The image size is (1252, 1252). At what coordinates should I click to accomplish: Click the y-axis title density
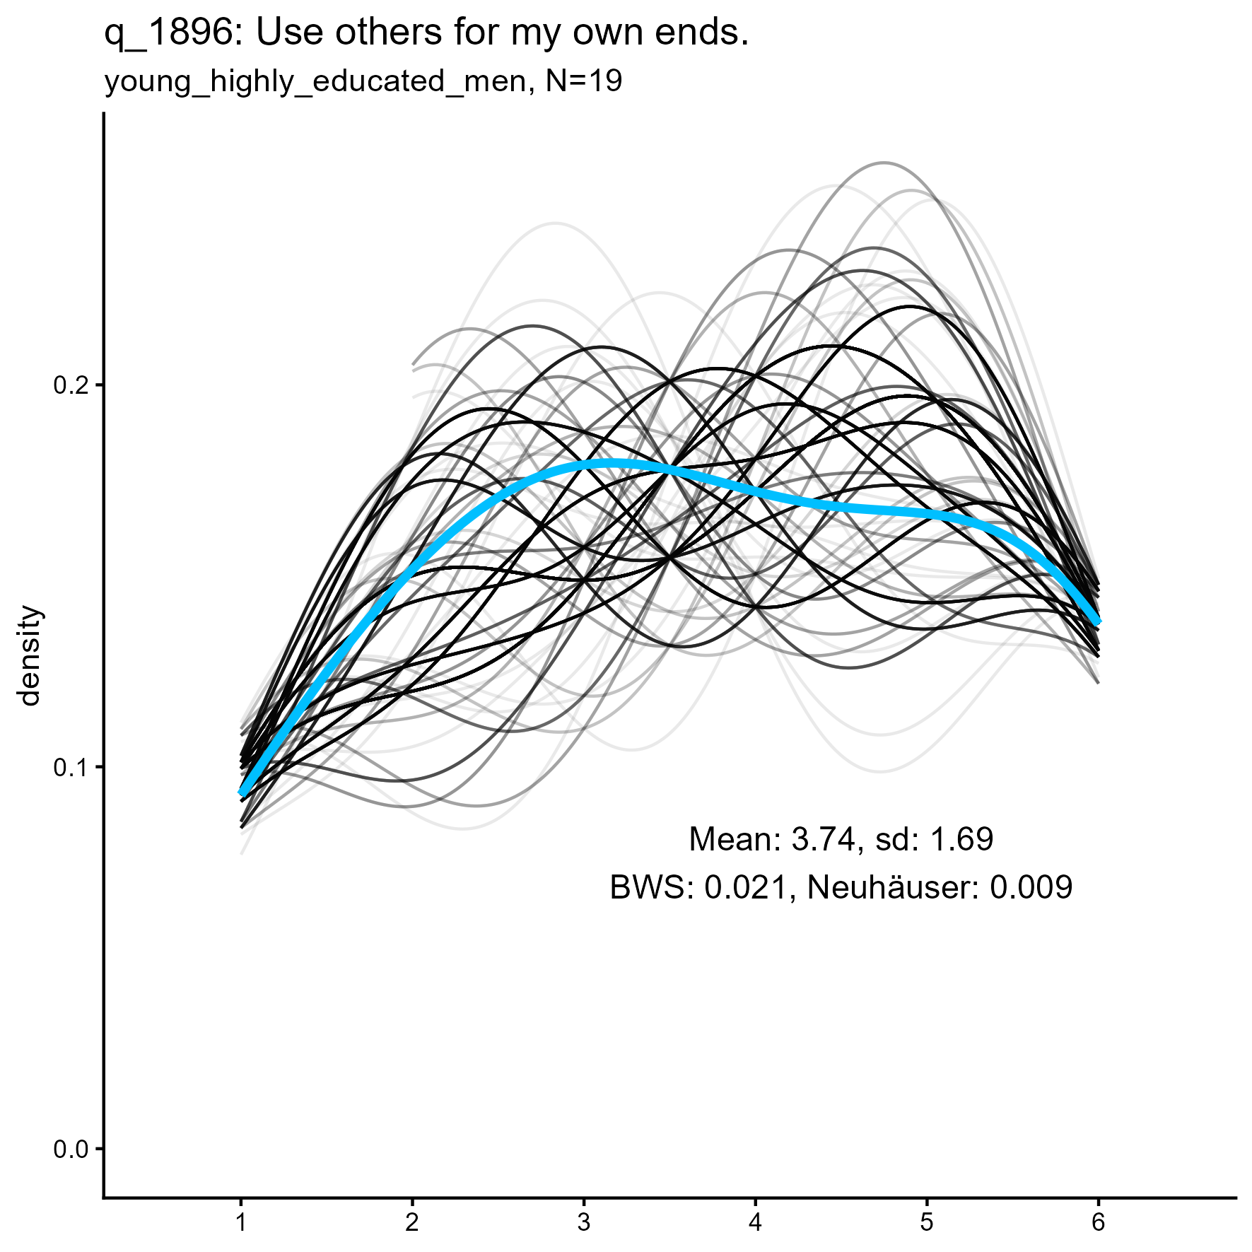point(30,655)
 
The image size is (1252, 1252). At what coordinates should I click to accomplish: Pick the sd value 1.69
point(961,839)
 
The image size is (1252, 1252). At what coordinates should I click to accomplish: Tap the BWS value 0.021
point(747,887)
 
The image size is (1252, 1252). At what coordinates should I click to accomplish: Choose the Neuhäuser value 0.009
point(1031,887)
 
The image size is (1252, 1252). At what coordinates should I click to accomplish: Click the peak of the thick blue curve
point(609,464)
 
